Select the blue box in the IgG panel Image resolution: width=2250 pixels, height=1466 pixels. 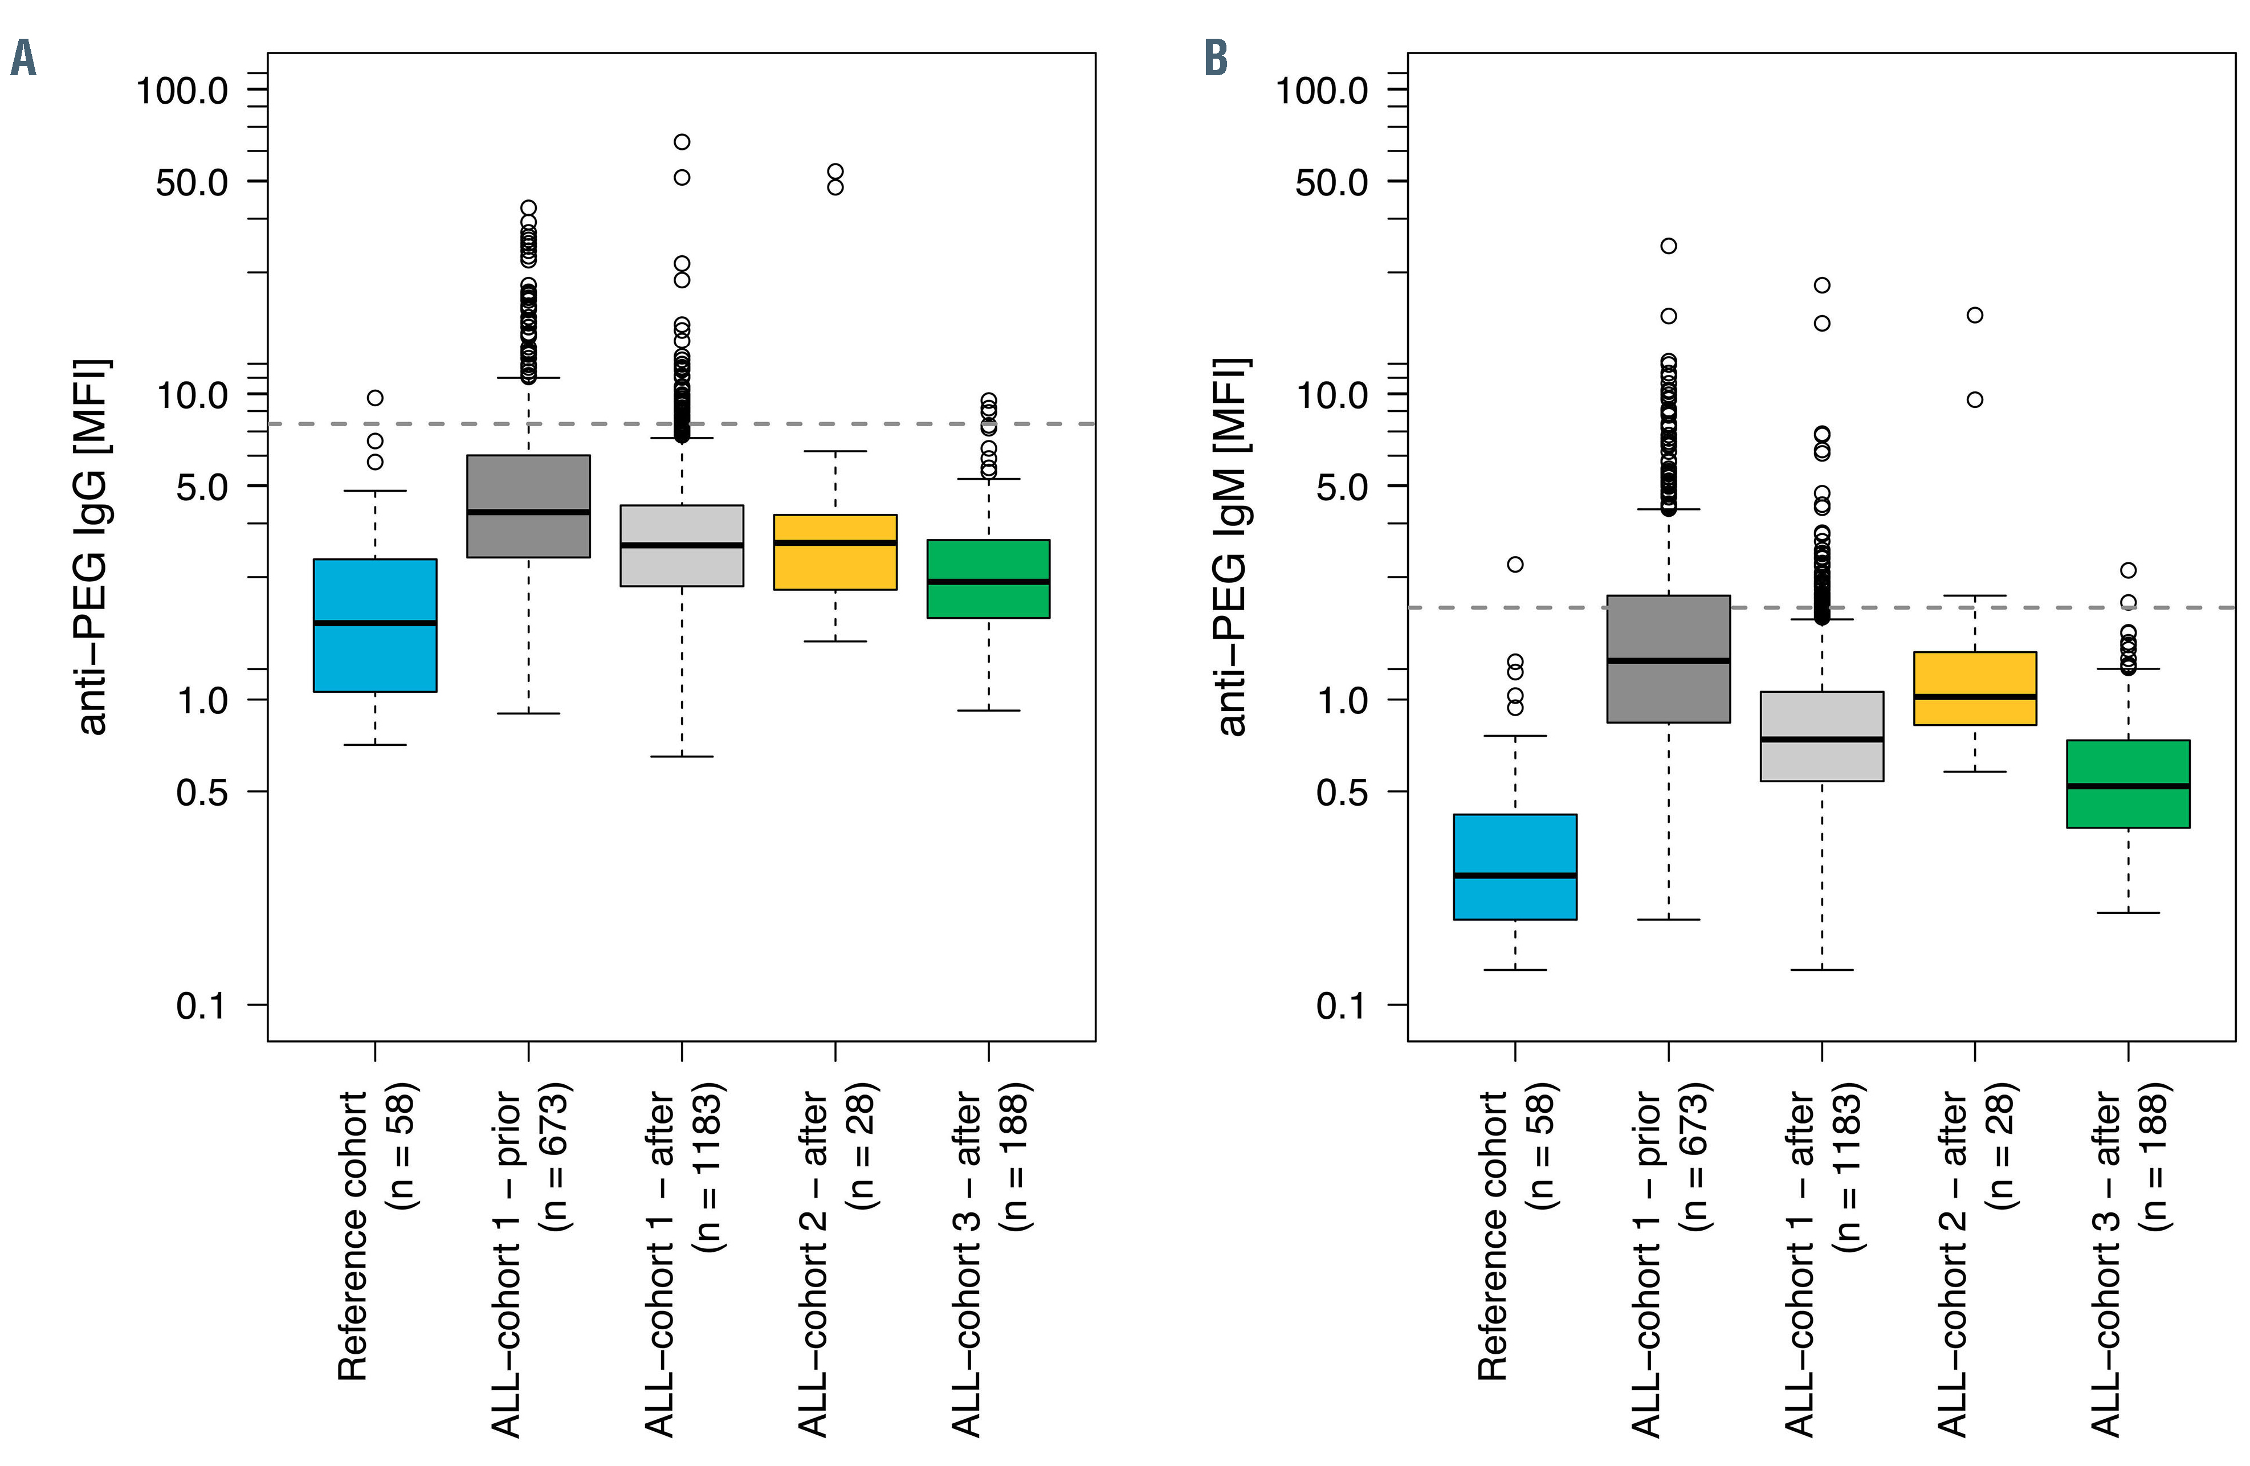pos(376,625)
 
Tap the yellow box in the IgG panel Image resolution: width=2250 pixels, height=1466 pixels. pos(835,552)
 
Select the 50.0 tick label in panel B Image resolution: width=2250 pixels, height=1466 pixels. pos(1331,182)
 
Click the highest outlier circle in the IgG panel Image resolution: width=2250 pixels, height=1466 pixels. pos(682,142)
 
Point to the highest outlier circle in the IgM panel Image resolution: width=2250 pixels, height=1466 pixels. pos(1669,246)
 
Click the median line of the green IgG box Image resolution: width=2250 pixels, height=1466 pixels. pos(988,581)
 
